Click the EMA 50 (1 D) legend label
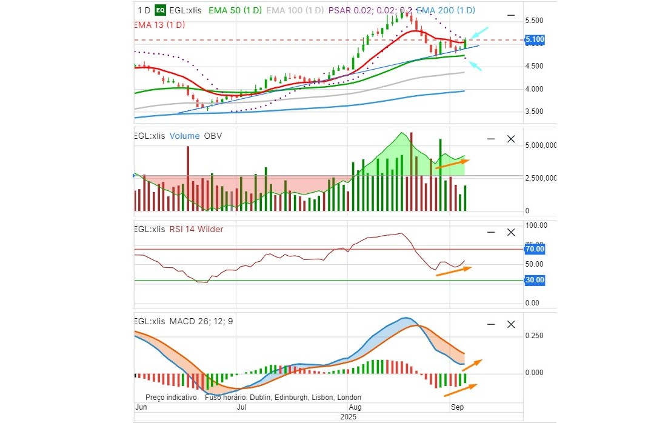235,10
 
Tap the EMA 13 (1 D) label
159,25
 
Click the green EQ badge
161,10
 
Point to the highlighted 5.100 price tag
535,40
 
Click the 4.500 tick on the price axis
534,66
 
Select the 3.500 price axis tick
534,112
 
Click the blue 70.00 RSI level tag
535,248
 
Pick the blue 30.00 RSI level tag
535,280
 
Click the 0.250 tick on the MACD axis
534,336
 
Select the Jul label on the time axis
242,407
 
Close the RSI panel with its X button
510,232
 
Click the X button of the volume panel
510,139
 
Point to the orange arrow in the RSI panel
453,271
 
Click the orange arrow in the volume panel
452,164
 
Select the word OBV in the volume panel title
213,136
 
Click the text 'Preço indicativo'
171,398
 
